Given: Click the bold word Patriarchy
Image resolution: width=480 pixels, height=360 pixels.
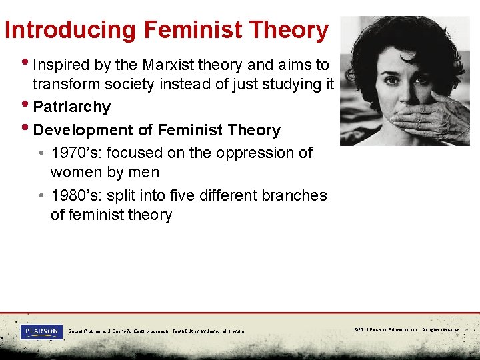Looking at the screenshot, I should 71,107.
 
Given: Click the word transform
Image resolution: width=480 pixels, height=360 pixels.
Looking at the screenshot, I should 65,85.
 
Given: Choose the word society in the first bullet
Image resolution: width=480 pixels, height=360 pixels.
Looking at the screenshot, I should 125,85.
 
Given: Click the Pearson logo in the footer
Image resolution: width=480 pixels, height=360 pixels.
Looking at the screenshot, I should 41,331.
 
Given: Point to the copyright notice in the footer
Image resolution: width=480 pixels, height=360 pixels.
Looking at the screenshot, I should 407,329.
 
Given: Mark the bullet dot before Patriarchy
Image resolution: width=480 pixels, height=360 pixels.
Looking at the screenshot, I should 26,106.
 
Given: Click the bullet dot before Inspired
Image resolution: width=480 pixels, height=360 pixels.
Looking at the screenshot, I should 26,64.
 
